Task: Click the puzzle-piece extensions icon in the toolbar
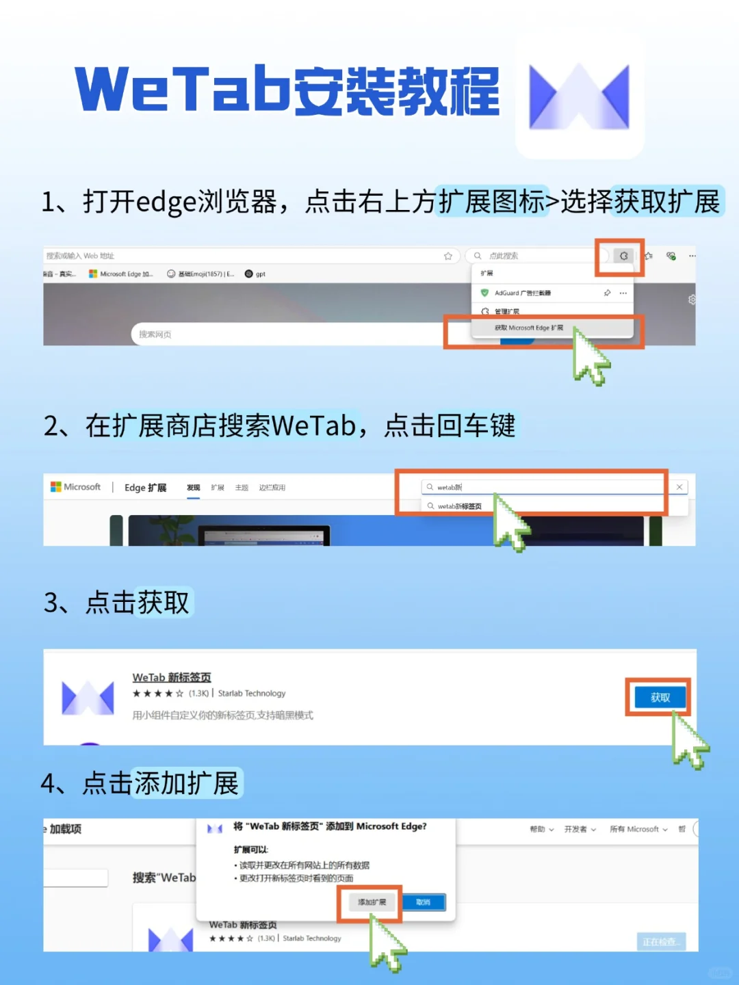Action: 623,256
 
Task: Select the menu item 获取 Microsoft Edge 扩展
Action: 529,328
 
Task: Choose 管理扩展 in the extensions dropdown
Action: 506,311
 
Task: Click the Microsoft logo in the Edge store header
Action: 56,487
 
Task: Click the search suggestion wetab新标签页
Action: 459,506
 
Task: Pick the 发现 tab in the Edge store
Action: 194,488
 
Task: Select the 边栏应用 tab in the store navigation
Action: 272,488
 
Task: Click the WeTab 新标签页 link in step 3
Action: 172,677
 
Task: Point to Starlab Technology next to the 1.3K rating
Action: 251,694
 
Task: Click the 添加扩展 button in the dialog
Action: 372,902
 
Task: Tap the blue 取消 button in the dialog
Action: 424,902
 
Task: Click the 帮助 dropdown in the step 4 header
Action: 541,829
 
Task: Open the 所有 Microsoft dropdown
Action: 638,829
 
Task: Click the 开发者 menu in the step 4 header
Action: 580,829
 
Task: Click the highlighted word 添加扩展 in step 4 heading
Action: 186,783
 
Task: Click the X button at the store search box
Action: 679,487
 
